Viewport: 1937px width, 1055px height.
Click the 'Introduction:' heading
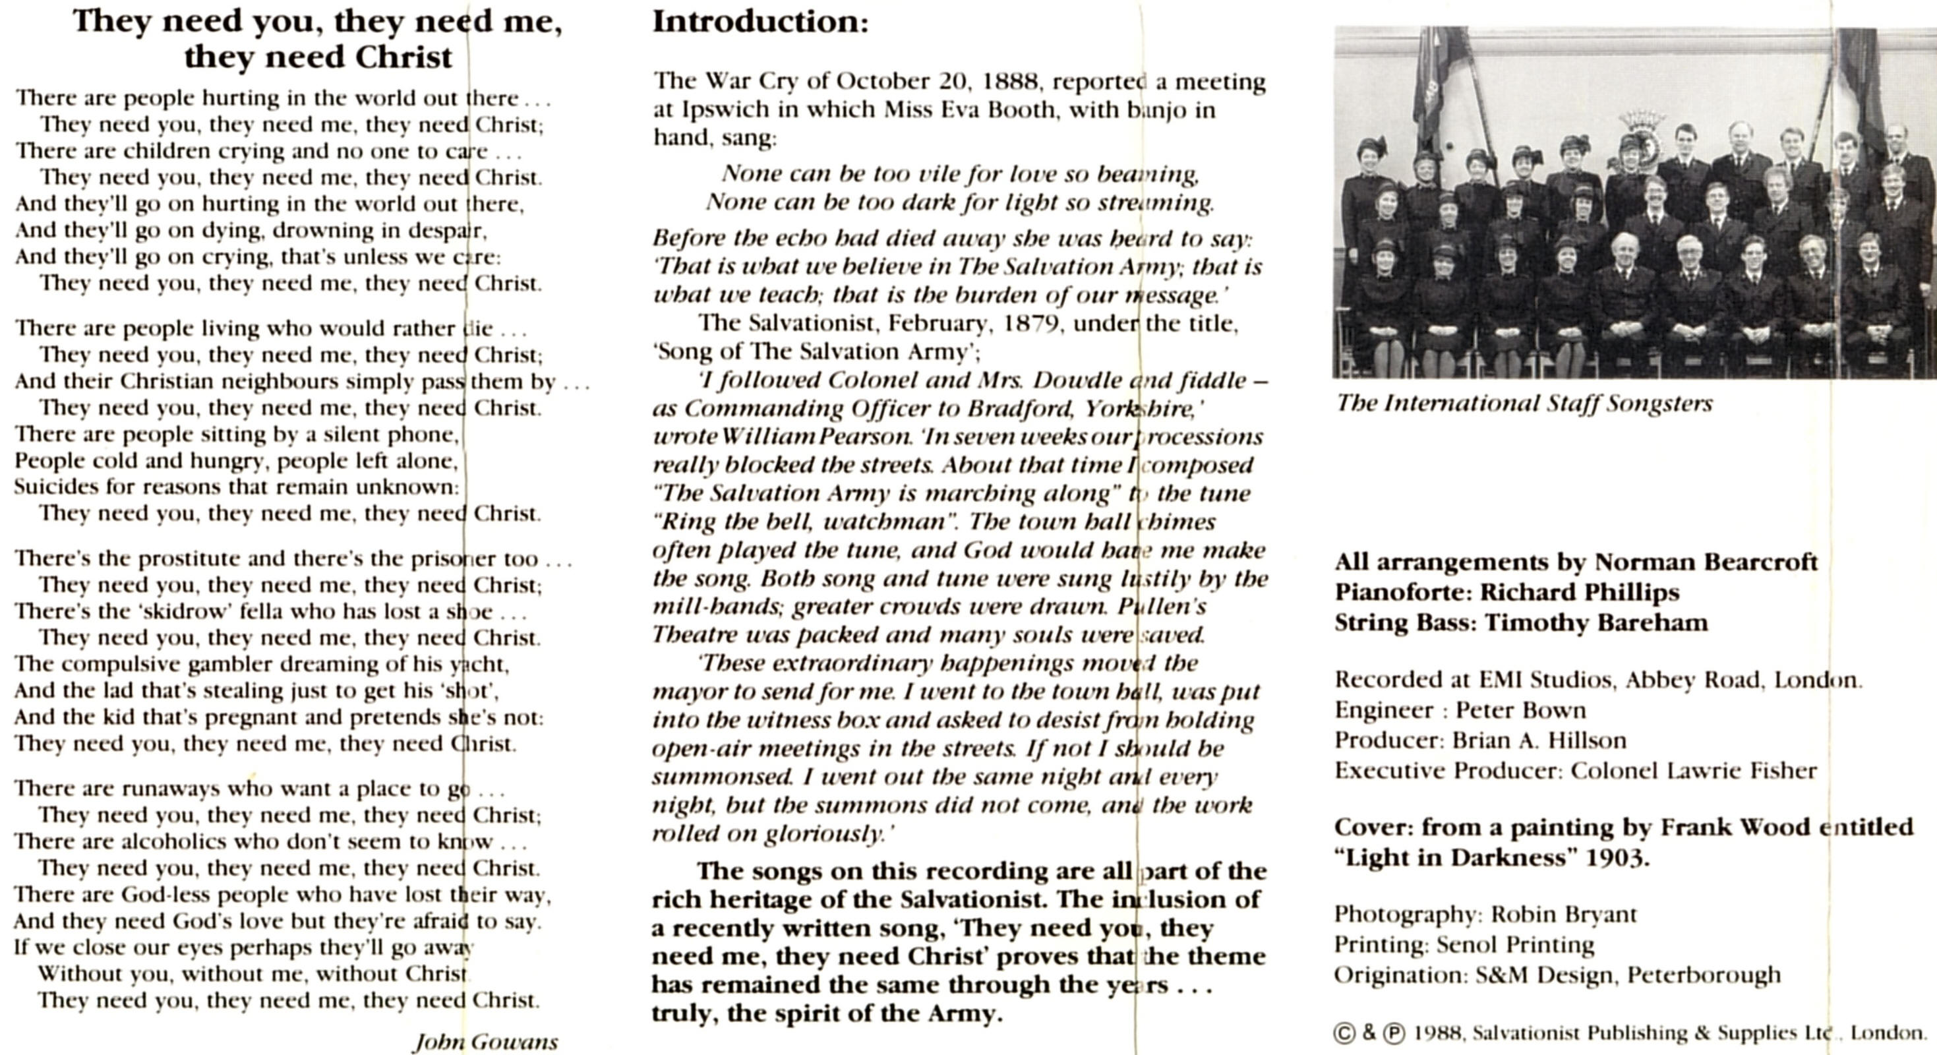760,21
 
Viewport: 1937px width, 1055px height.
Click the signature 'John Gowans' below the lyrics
486,1041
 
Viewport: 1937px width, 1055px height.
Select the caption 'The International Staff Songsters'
1524,404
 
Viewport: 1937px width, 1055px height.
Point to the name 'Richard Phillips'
1579,593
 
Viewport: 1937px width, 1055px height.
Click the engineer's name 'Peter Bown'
1520,711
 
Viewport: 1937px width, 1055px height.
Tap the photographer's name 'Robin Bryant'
1563,915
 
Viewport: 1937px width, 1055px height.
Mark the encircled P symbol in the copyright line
1393,1034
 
